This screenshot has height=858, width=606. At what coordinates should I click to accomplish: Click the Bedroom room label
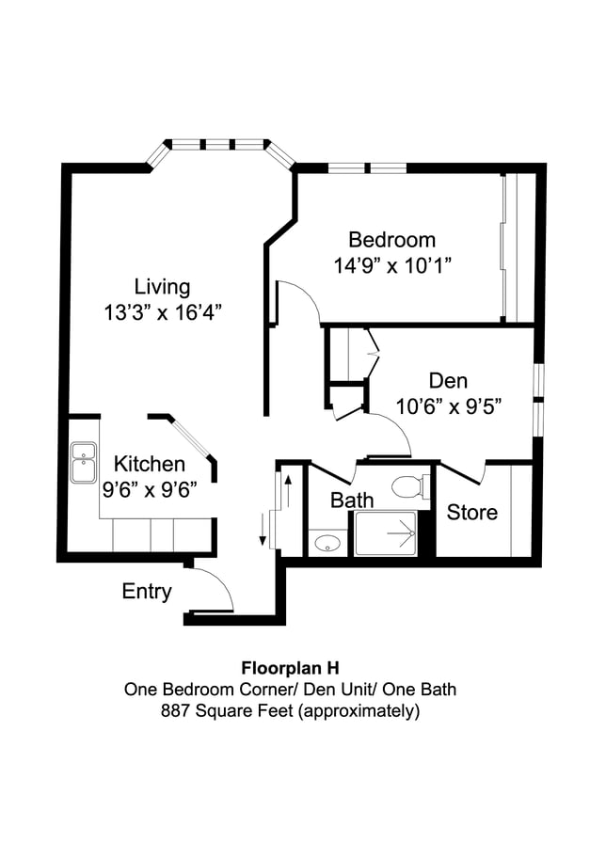click(392, 240)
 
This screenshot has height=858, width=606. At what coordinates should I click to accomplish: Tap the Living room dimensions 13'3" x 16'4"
click(163, 313)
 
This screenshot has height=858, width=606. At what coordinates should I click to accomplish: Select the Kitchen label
click(150, 464)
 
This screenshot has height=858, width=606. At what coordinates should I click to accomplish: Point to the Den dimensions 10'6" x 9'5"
click(449, 406)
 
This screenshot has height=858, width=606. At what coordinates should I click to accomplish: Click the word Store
click(471, 513)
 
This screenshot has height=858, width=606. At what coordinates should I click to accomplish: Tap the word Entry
click(147, 592)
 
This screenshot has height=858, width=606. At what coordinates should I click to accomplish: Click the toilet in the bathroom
click(410, 485)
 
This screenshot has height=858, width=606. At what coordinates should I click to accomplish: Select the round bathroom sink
click(327, 544)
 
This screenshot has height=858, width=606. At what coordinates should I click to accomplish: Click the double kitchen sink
click(83, 462)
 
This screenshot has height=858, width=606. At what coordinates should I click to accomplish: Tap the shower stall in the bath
click(386, 533)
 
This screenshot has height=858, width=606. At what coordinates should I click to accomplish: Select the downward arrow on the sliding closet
click(263, 530)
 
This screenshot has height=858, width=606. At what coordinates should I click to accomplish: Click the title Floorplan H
click(291, 668)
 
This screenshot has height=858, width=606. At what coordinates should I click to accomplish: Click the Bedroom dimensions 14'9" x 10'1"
click(392, 266)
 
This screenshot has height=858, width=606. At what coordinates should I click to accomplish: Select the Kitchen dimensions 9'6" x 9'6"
click(150, 490)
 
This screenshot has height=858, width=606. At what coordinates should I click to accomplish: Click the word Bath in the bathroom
click(352, 500)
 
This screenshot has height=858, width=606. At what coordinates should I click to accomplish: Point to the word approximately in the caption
click(359, 711)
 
